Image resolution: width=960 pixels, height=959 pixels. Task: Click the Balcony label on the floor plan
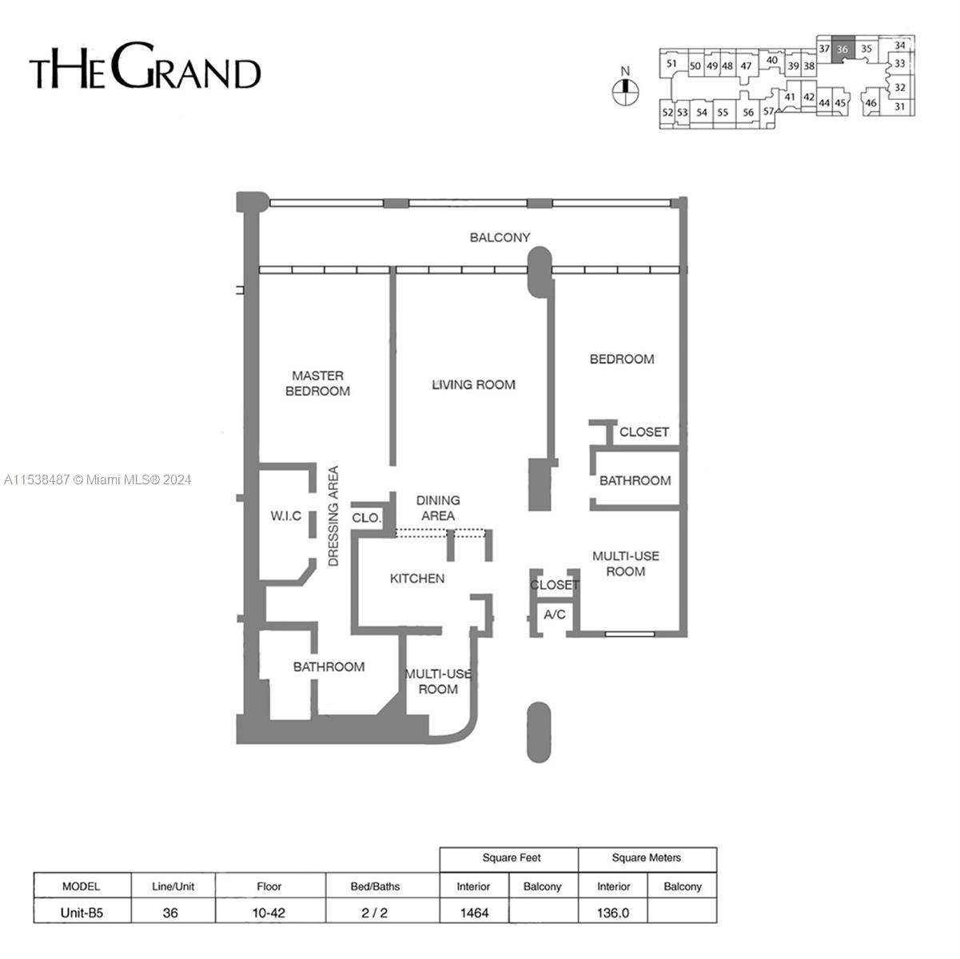point(500,237)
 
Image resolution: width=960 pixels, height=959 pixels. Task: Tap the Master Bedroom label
point(317,383)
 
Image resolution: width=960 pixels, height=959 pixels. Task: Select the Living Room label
point(473,384)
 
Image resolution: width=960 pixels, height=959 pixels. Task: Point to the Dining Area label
point(438,508)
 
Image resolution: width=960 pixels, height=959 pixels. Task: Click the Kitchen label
point(416,579)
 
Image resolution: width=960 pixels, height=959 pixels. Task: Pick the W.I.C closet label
point(285,516)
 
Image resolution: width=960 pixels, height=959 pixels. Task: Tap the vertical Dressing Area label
point(334,516)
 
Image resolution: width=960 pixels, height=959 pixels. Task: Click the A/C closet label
point(554,615)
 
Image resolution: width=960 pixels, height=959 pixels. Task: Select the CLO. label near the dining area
point(367,518)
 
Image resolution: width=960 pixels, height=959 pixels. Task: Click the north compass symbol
point(624,92)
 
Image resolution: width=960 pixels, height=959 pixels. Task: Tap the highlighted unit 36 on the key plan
point(842,49)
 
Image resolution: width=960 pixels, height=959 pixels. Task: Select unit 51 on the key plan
point(671,64)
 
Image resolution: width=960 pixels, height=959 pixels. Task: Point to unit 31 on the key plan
point(900,106)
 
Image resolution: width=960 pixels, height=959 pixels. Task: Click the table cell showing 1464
point(473,912)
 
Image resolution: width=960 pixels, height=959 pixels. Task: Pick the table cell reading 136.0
point(613,912)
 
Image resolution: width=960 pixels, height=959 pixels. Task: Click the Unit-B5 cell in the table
point(82,912)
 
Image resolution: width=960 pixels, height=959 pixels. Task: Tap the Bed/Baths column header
point(375,886)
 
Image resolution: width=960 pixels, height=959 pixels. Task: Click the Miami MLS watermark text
point(98,479)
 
